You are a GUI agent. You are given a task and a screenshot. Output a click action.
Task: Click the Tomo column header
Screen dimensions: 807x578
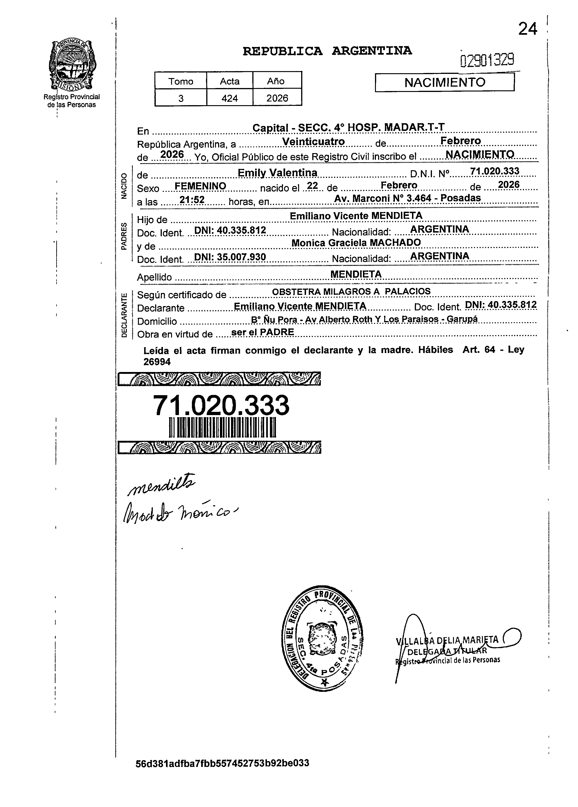[181, 81]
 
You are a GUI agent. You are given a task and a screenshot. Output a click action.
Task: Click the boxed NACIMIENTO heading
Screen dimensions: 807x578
[445, 82]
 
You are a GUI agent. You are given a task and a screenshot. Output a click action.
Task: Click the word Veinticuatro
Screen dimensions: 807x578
[313, 142]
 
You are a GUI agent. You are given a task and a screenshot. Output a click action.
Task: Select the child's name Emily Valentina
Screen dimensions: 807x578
[278, 173]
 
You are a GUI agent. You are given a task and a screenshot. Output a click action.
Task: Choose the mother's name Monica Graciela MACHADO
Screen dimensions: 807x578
[356, 243]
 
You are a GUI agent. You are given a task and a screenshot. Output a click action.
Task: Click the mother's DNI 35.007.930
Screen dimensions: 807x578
[230, 257]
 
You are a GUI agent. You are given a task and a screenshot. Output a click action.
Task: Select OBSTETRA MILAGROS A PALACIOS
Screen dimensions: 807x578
[351, 291]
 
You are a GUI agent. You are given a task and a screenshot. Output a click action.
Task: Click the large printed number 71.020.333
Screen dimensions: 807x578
[221, 405]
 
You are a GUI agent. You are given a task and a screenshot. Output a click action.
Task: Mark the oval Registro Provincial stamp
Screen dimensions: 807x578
[322, 640]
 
